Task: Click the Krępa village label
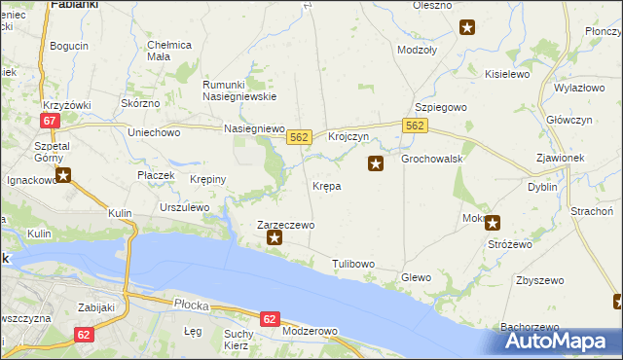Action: (326, 185)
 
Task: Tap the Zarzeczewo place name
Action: (285, 224)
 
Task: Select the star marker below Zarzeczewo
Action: (275, 237)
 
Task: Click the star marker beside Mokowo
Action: (493, 222)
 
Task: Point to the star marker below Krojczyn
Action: (376, 164)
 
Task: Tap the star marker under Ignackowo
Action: (63, 175)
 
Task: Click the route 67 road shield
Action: (51, 120)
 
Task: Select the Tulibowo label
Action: (353, 264)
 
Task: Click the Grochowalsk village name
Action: (429, 158)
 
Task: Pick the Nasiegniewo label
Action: (253, 128)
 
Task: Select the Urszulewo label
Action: (185, 207)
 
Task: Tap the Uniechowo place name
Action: (155, 131)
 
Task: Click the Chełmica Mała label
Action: (169, 50)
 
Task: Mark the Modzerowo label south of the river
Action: (309, 331)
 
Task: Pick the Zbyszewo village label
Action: (540, 280)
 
